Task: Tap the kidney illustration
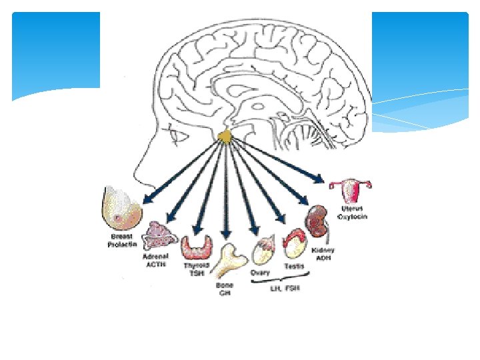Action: click(319, 224)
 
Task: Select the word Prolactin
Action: click(122, 245)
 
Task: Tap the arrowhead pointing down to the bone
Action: click(226, 234)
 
